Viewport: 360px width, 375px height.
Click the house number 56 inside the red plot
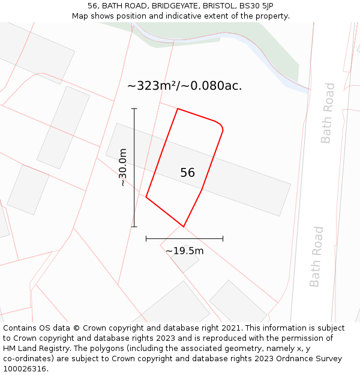(187, 173)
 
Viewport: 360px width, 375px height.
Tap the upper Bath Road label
(327, 113)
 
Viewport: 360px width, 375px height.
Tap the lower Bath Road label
(316, 256)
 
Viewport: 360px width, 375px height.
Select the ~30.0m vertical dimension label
(123, 168)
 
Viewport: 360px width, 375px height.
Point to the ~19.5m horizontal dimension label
(184, 251)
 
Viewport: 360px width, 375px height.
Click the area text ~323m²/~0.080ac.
(184, 86)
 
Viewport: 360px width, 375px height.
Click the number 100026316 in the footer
(26, 369)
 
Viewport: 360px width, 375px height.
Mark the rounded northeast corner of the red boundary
(220, 126)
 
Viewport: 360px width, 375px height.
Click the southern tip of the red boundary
(183, 226)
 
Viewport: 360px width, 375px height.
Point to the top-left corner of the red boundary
(178, 109)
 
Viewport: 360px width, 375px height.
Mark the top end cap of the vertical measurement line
(134, 109)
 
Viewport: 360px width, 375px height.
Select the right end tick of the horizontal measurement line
(223, 238)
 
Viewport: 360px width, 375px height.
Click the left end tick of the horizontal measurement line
(146, 238)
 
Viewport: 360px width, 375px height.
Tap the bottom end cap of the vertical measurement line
(134, 227)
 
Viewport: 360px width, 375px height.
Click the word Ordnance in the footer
(297, 359)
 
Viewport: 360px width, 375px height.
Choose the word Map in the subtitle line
(81, 16)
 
